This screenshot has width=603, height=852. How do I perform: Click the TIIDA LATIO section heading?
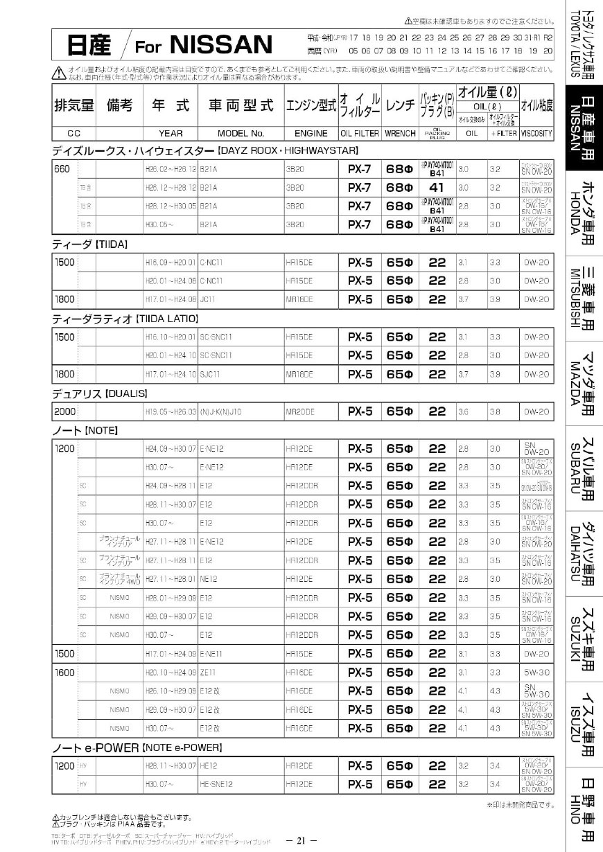(x=125, y=319)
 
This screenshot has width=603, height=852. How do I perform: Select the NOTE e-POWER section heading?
(x=137, y=748)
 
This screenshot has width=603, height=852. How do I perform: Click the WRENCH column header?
(x=400, y=133)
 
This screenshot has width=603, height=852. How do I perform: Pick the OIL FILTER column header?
(x=359, y=133)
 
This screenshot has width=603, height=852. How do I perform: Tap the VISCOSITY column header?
(x=536, y=133)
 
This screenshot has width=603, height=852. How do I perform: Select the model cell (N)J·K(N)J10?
(x=221, y=411)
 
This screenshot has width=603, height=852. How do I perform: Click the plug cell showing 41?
(x=436, y=187)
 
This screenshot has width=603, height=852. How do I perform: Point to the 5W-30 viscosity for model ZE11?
(x=536, y=672)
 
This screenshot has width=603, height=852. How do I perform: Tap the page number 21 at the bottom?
(x=301, y=840)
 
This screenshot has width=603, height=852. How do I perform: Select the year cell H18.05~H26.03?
(x=171, y=411)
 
